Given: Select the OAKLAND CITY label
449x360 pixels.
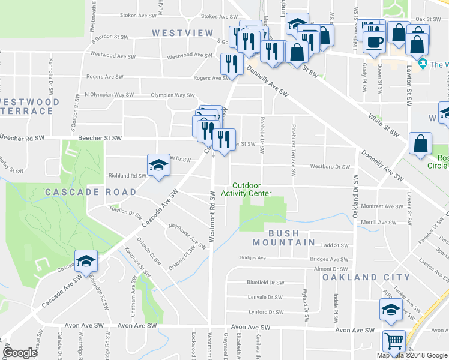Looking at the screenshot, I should pyautogui.click(x=366, y=278).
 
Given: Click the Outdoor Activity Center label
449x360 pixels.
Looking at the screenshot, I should pyautogui.click(x=246, y=189).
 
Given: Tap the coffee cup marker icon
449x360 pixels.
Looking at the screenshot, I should pyautogui.click(x=375, y=43).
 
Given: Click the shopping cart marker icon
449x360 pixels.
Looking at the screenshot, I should pyautogui.click(x=394, y=341).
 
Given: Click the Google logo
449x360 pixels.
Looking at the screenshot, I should pyautogui.click(x=20, y=353).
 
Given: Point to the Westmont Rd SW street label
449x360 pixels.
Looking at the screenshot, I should pyautogui.click(x=212, y=217).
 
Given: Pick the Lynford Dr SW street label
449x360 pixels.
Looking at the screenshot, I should pyautogui.click(x=266, y=312).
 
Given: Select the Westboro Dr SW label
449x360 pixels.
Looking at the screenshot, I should pyautogui.click(x=330, y=166).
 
